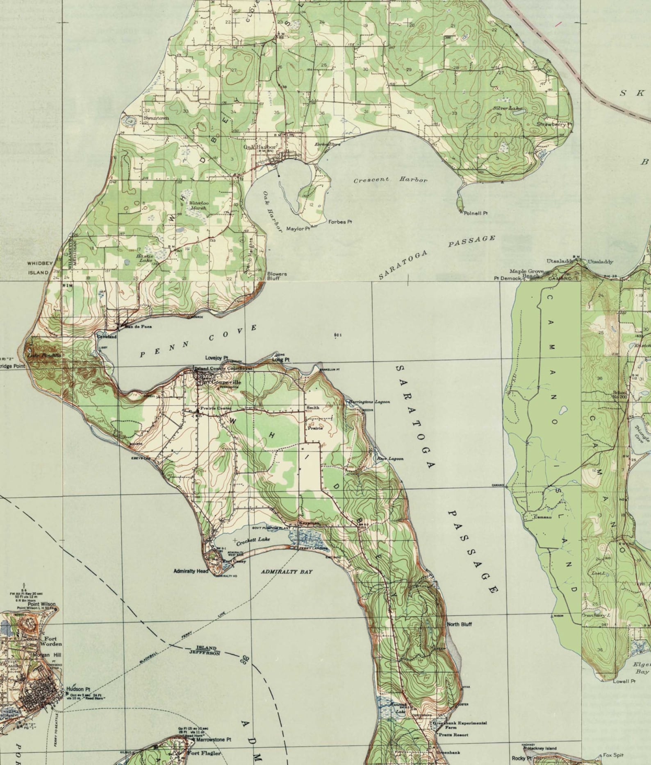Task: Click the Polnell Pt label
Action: pos(476,213)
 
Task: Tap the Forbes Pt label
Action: pos(340,222)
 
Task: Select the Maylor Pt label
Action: pos(298,229)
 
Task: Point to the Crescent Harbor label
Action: pos(390,180)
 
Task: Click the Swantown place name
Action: pos(156,118)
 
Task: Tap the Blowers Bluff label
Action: pos(277,276)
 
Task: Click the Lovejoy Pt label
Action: pos(217,358)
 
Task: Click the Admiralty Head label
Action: pos(191,571)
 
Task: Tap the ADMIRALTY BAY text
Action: pos(287,572)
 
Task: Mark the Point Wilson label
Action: pos(41,604)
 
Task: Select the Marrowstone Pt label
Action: pos(214,740)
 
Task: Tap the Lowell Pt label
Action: pos(624,681)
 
